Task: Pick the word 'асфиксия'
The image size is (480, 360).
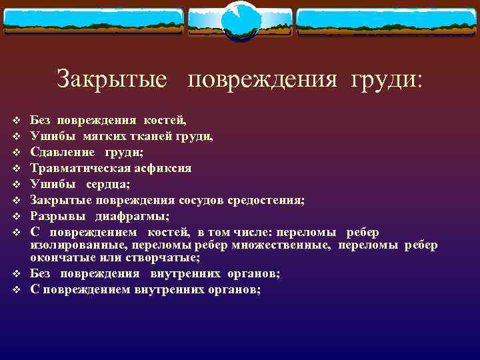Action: [160, 169]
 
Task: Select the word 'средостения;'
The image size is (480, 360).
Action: [269, 201]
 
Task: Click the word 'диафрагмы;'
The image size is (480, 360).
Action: [132, 217]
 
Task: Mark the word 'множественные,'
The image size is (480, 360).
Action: [291, 245]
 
